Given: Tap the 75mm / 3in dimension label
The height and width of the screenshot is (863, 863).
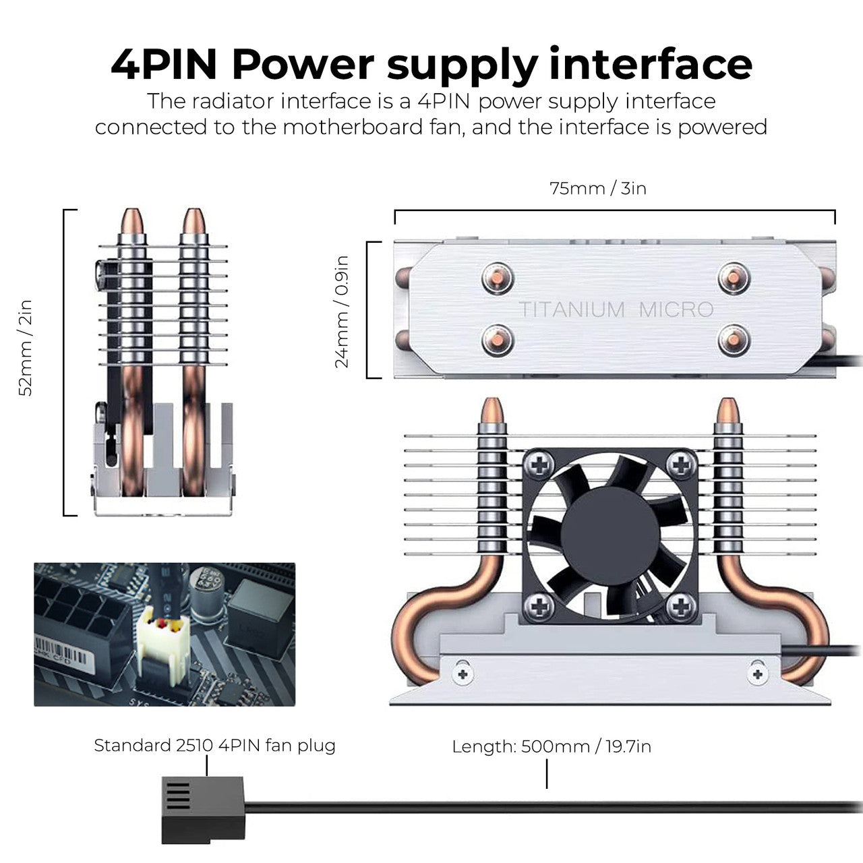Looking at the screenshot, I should (598, 188).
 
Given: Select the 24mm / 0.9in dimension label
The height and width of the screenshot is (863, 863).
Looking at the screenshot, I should (343, 311).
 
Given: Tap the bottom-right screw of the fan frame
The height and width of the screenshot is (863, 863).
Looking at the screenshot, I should (682, 606).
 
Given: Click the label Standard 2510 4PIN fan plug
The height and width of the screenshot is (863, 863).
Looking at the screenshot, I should (214, 746).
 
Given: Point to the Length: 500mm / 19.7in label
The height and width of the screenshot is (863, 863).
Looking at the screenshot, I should (552, 746).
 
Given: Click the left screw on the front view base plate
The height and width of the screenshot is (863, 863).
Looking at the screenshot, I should (463, 673).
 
